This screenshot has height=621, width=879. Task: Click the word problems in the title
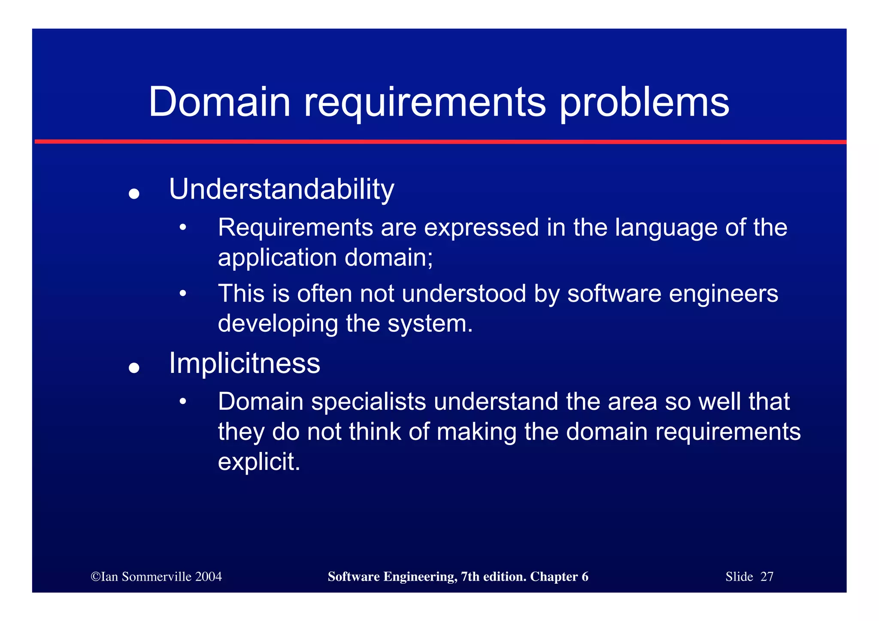click(644, 103)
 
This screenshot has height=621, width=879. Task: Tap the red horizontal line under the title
click(439, 142)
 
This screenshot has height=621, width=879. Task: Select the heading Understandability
click(282, 189)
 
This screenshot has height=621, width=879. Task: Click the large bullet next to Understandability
click(134, 194)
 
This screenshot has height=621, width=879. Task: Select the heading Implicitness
click(245, 364)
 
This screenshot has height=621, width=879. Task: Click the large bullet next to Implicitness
click(134, 368)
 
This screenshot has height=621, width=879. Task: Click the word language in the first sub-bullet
click(666, 228)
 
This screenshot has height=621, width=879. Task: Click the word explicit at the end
click(258, 462)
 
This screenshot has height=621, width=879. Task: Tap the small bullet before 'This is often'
click(183, 294)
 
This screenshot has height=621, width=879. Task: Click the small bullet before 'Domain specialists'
click(183, 402)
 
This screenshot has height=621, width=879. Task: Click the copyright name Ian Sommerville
click(146, 576)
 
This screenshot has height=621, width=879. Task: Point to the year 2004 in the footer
click(208, 576)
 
